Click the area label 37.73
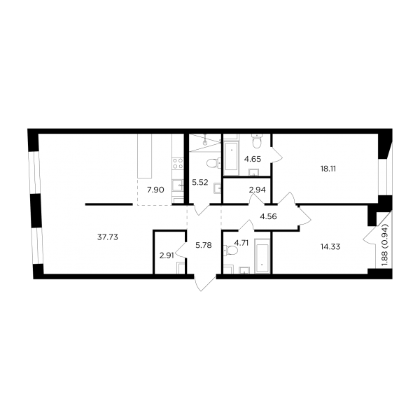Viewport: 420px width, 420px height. (107, 237)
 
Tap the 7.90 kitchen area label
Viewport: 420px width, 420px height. (155, 190)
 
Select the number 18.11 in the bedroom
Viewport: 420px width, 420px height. (328, 169)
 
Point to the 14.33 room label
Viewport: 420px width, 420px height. (330, 246)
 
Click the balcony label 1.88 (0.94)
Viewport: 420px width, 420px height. (386, 245)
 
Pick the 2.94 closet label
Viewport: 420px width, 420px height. (257, 190)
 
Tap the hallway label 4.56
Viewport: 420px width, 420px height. (268, 216)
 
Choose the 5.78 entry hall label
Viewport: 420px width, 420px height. (204, 245)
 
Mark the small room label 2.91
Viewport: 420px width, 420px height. (167, 255)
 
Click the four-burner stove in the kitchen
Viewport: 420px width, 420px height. (178, 163)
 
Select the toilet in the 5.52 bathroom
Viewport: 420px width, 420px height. (213, 163)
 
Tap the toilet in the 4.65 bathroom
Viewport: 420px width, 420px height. (257, 141)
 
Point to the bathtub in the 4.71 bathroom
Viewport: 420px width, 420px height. (262, 255)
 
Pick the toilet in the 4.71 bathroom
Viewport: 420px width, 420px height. (231, 251)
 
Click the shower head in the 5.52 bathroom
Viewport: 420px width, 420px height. (205, 143)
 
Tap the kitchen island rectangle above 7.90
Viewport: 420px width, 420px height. (145, 155)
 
